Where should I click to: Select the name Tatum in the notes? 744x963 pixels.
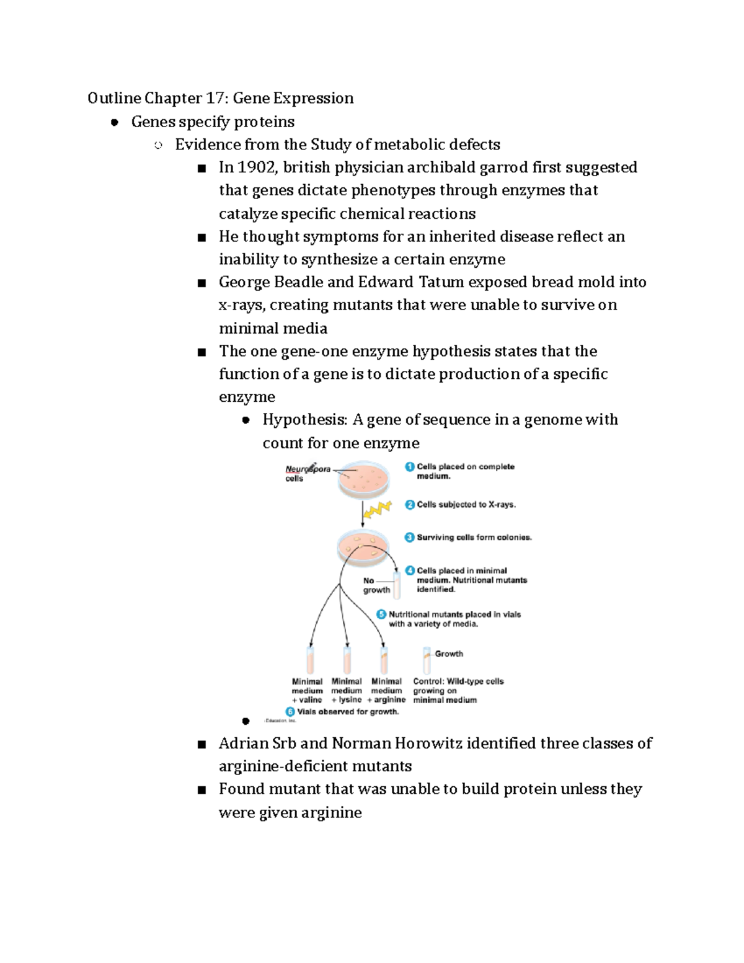[441, 283]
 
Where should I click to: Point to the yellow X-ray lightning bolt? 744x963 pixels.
[377, 509]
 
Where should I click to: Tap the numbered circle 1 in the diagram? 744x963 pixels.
[409, 467]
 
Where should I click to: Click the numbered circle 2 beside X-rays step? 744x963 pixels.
[409, 505]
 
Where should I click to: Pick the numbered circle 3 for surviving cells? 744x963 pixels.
[409, 538]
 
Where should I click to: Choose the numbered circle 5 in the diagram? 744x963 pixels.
[381, 615]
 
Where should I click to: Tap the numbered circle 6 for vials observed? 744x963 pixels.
[290, 712]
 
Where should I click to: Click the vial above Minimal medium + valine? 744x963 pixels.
[310, 660]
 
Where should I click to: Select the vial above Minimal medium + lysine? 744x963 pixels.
[347, 660]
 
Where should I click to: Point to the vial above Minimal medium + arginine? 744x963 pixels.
[384, 660]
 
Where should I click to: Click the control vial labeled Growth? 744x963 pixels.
[427, 660]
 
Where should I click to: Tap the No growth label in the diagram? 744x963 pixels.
[376, 585]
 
